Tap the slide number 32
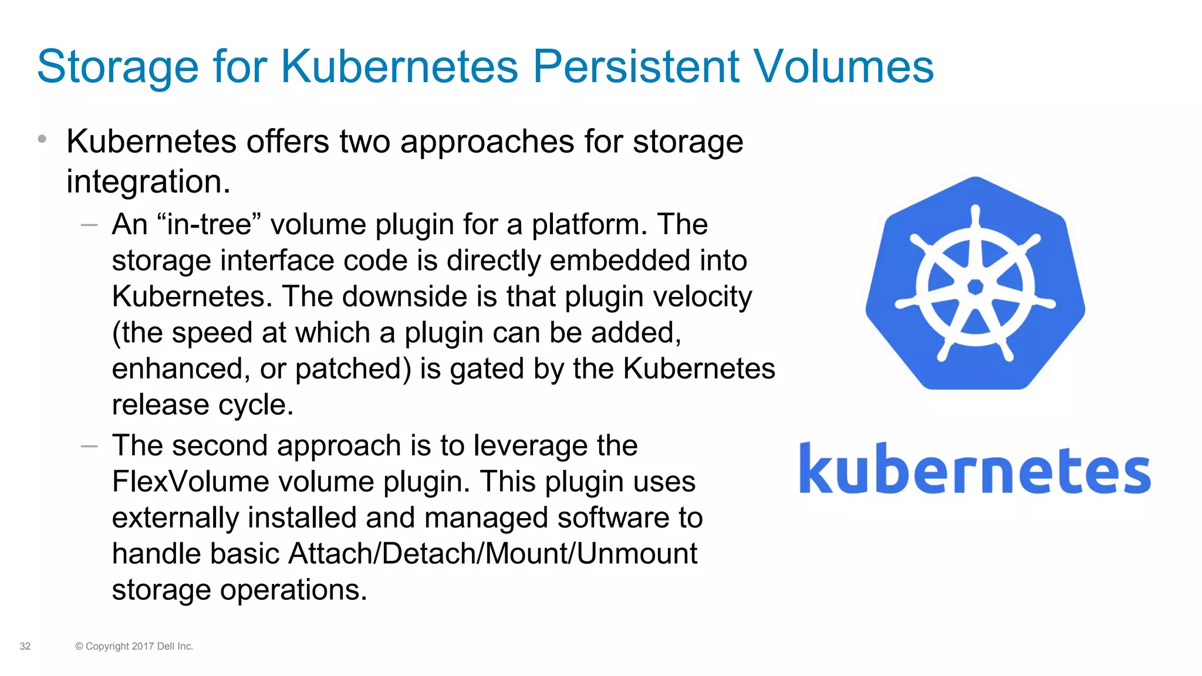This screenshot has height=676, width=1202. point(25,646)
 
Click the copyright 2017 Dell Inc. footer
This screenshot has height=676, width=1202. point(134,646)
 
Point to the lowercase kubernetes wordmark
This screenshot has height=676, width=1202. point(974,469)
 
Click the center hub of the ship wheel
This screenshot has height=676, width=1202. point(975,287)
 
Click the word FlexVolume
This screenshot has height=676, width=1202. point(190,482)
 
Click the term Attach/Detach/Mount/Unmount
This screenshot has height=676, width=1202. point(492,553)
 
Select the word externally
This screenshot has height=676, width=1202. point(175,518)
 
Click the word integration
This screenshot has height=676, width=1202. point(148,181)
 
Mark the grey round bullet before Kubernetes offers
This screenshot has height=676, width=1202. point(42,139)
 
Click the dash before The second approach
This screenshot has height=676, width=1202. point(89,446)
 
